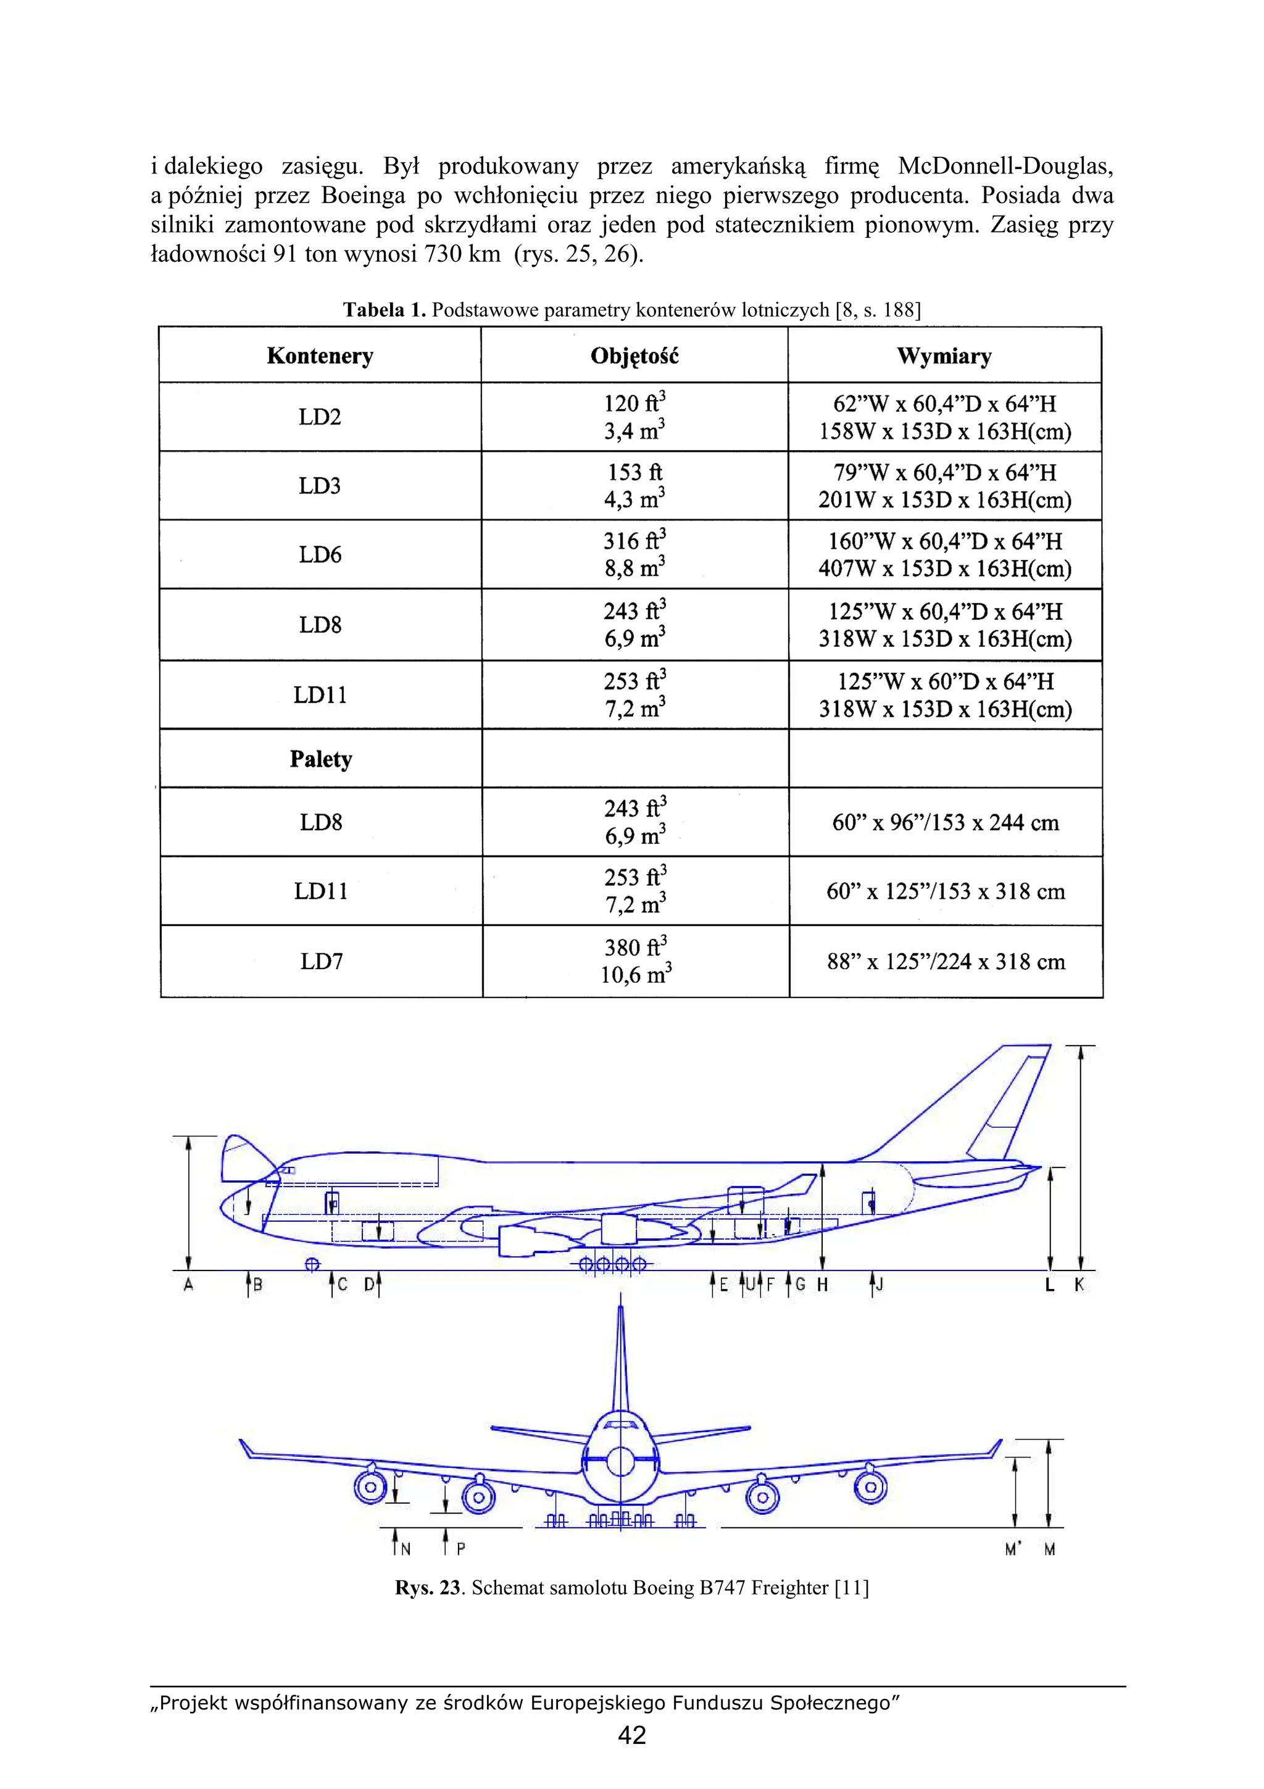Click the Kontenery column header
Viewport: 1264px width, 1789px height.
(320, 356)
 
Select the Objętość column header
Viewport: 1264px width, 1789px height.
(634, 356)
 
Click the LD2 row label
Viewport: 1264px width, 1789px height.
(320, 417)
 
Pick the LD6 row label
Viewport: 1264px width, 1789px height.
(320, 555)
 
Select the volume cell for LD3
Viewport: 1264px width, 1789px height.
(634, 485)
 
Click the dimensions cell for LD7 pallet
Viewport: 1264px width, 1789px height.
(946, 962)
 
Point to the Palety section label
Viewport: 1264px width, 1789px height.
(321, 759)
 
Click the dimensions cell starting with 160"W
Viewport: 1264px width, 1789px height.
(945, 555)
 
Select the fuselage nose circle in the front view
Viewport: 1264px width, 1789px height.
(621, 1462)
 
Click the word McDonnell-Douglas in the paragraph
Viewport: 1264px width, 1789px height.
(1005, 166)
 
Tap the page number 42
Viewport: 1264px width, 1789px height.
(631, 1735)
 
